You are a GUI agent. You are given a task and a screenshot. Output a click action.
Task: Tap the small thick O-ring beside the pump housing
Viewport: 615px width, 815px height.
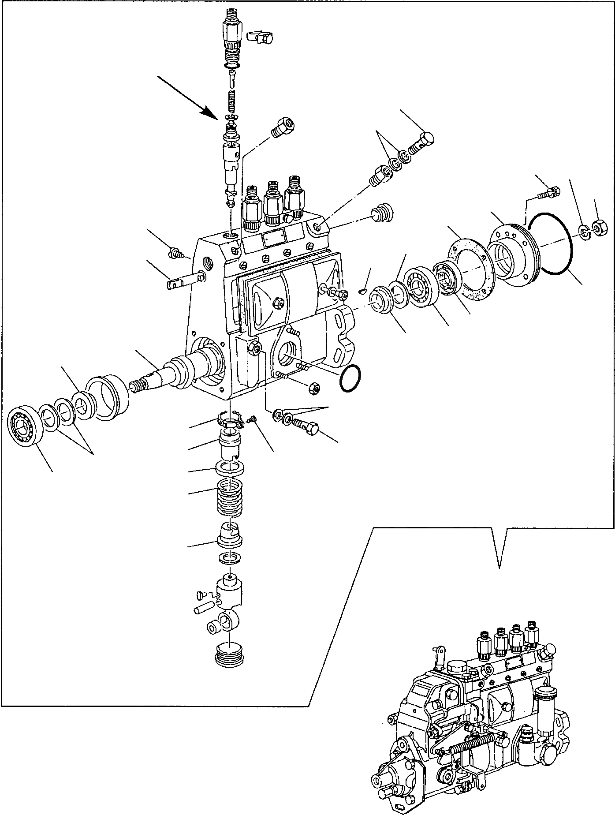pos(350,378)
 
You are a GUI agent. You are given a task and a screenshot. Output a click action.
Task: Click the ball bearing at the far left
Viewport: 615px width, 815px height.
pos(26,426)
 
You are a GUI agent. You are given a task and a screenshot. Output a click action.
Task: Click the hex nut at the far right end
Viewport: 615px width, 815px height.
pos(598,228)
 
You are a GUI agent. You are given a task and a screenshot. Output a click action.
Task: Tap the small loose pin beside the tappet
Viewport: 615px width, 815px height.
pos(201,610)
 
